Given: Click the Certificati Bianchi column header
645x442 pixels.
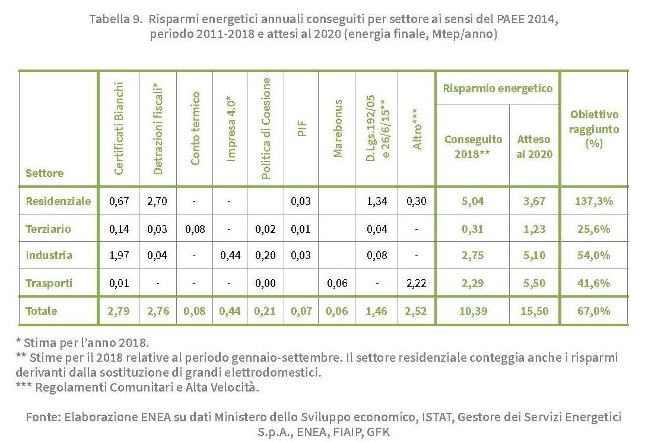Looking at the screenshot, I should click(119, 128).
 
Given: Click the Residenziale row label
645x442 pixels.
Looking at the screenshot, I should click(58, 201).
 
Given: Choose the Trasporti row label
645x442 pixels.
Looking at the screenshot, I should click(49, 283).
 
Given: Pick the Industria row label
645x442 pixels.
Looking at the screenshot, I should click(49, 255).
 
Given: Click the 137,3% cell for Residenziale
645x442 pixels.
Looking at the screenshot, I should click(593, 201).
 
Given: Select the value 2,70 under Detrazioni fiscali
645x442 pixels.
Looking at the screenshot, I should click(157, 201).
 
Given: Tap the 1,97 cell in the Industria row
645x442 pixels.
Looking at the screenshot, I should click(119, 255).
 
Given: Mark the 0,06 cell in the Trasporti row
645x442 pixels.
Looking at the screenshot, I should click(338, 283).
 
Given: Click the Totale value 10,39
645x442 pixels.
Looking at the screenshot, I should click(472, 311).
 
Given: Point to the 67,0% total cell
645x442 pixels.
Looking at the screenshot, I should click(593, 311).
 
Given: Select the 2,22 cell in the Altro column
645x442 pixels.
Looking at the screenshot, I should click(417, 283).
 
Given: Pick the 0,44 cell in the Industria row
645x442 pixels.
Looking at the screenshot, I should click(230, 255).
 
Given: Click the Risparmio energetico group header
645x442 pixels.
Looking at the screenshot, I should click(498, 89).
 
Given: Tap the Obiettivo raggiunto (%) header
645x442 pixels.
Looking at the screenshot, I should click(594, 129).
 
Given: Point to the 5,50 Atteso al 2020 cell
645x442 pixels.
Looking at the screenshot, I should click(534, 283).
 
